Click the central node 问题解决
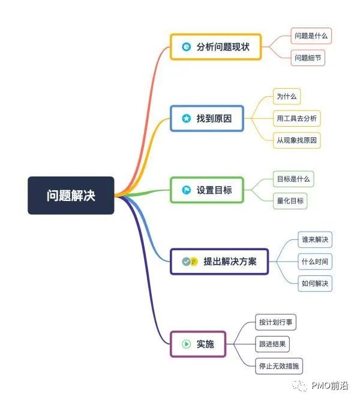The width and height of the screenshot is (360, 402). point(71,196)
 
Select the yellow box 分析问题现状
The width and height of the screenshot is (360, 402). point(216,47)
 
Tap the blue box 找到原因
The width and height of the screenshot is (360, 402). point(207,118)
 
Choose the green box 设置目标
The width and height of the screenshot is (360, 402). point(207,190)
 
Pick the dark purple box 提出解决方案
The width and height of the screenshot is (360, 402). point(219,262)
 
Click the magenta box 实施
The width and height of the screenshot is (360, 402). point(198,344)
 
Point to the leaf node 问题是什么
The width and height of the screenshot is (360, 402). point(311,36)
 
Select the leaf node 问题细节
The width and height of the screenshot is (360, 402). point(308,58)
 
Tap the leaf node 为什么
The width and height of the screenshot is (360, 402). point(287,96)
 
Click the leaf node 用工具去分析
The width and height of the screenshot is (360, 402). point(296,118)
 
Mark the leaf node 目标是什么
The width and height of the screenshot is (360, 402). point(293,179)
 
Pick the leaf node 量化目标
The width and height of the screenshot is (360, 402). point(290,200)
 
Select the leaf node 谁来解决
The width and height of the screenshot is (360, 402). point(315,240)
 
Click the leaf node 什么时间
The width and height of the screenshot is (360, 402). point(315,262)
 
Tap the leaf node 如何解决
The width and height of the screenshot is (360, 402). point(315,283)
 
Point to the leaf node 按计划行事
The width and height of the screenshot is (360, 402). point(275,322)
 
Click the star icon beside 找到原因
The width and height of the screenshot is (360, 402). point(186,118)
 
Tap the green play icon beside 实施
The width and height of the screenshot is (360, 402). point(186,344)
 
